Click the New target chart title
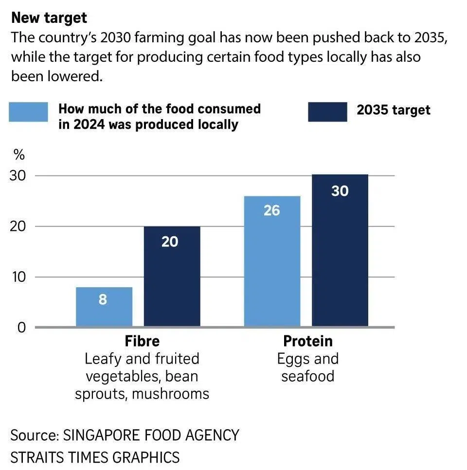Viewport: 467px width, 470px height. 49,18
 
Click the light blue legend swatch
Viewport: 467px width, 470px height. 29,112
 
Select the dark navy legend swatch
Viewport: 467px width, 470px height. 327,112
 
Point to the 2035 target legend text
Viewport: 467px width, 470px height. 394,110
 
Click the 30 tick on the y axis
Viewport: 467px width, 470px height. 18,175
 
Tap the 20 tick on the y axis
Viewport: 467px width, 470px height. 18,226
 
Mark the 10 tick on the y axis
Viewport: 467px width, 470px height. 18,277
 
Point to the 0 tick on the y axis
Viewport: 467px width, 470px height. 20,328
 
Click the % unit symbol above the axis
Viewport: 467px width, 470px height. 18,155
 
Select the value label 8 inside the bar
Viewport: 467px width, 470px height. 103,299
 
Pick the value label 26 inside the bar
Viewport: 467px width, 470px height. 272,210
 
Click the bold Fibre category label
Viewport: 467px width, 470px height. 142,341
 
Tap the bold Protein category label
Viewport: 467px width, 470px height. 308,341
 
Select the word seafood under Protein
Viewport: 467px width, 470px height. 308,376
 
